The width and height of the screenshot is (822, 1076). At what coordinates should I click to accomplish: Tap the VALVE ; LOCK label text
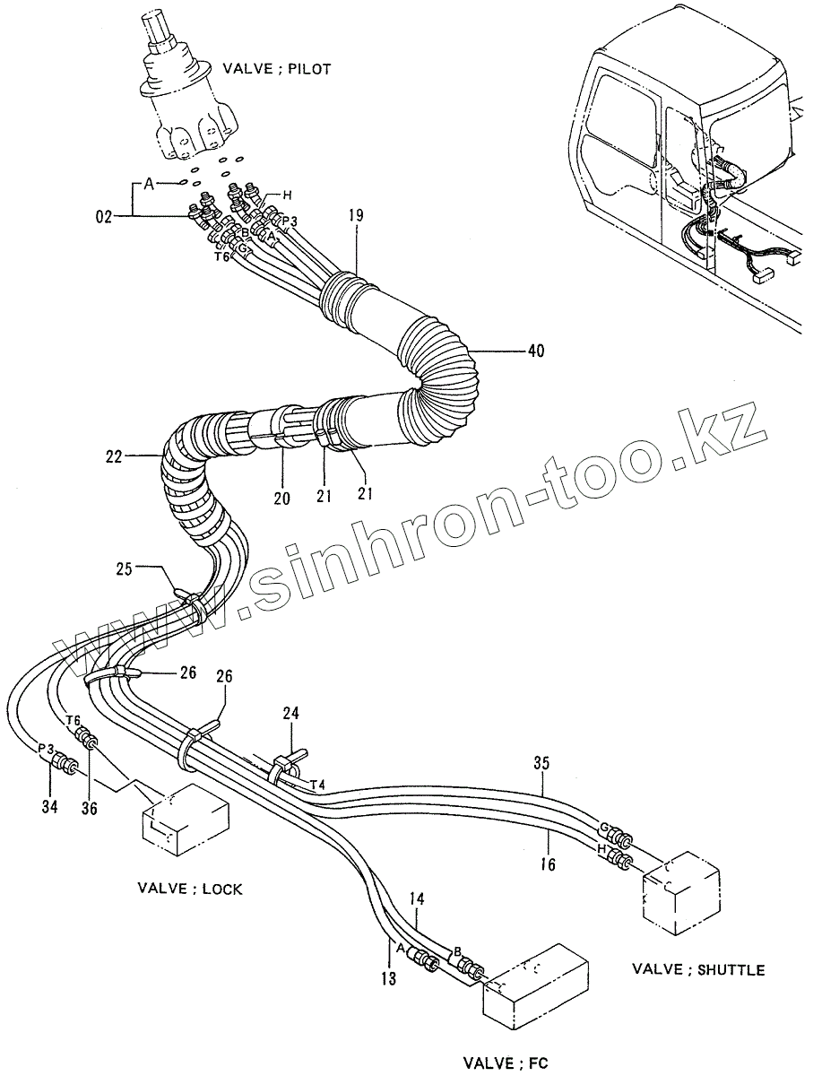tap(190, 889)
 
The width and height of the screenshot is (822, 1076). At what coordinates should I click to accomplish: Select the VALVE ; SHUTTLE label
tap(698, 969)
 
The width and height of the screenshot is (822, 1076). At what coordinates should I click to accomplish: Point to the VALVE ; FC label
tap(506, 1063)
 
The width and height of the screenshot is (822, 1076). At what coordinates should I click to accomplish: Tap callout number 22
tap(113, 457)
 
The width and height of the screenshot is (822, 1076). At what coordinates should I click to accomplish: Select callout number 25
tap(125, 568)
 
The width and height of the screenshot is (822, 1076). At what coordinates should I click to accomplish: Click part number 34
tap(49, 807)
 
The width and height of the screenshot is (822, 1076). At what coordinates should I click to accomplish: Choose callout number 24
tap(292, 715)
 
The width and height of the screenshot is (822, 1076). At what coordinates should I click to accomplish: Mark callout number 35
tap(541, 764)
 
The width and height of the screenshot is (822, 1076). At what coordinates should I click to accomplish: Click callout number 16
tap(548, 864)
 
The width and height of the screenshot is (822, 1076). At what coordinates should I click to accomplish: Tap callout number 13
tap(388, 978)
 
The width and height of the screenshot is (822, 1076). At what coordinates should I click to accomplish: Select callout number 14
tap(417, 898)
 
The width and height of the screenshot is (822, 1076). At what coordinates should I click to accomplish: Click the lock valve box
tap(186, 820)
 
